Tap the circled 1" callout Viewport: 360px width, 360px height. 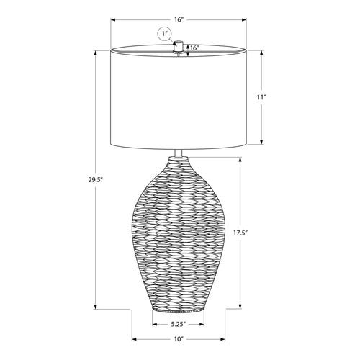[x=164, y=34]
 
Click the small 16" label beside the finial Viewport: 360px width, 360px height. [x=194, y=48]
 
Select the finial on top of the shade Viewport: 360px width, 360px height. [x=179, y=45]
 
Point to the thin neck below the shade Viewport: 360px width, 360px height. [x=179, y=156]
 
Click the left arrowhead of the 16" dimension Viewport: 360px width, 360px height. [x=113, y=21]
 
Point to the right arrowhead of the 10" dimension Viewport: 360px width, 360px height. [x=223, y=338]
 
